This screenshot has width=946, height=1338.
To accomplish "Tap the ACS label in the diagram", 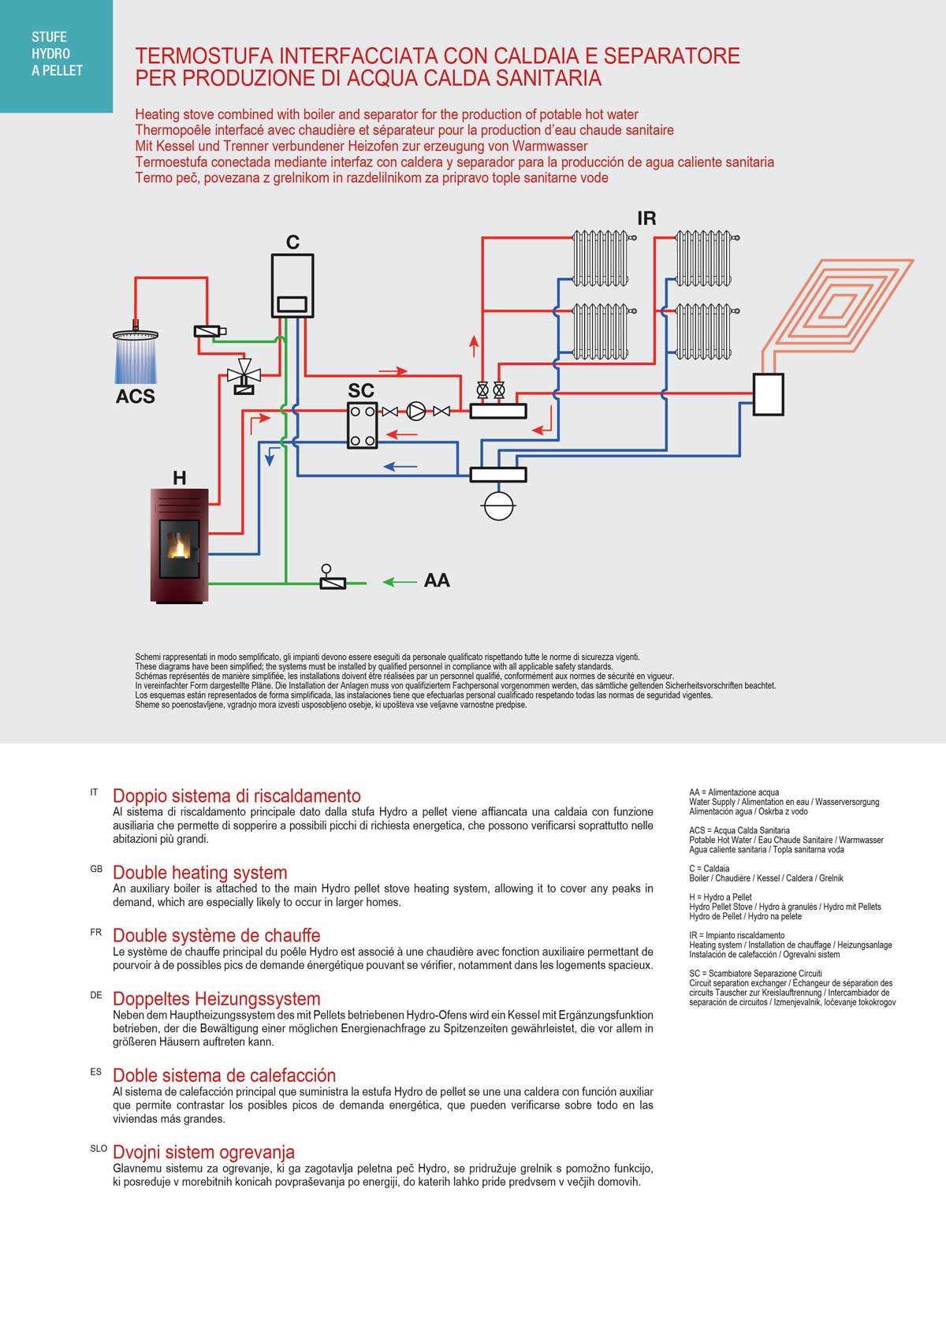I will [x=136, y=396].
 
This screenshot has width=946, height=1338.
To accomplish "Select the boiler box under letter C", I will [x=292, y=285].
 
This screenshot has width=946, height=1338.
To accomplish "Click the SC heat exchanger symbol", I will [x=363, y=426].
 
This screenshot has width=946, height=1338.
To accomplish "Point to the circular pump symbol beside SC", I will [x=415, y=411].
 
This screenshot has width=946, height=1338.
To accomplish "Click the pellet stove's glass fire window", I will [x=181, y=547].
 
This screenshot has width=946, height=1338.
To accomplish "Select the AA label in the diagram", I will [x=437, y=580].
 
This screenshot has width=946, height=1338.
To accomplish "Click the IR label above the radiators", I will [x=646, y=218].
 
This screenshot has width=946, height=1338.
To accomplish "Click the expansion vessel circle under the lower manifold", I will [x=498, y=505].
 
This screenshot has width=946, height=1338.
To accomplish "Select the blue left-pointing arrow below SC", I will [x=400, y=467].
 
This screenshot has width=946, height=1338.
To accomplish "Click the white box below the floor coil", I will [x=769, y=394].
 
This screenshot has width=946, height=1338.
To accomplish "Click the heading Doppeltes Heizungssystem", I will [x=216, y=999].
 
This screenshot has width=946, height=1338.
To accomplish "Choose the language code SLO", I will [x=99, y=1149].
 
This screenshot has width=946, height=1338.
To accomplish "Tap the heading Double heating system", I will [x=199, y=873].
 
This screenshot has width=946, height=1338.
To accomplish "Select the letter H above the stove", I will [x=180, y=478].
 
